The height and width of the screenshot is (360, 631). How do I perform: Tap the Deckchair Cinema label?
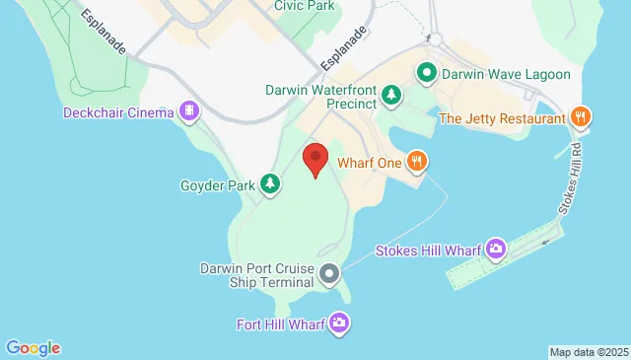pos(118,112)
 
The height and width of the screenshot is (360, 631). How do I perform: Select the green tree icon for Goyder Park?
pos(270,183)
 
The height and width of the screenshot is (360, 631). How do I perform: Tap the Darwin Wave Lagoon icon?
pos(427,72)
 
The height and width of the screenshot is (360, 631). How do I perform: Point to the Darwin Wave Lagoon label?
pos(495,72)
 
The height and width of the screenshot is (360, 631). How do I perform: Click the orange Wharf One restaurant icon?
pos(418,160)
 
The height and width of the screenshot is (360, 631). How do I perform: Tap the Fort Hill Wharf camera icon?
pos(339,323)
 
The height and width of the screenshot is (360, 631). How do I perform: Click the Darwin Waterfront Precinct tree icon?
pos(392,95)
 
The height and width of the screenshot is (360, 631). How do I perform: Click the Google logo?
pos(33,347)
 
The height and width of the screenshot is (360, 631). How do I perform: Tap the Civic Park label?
pos(306,6)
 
